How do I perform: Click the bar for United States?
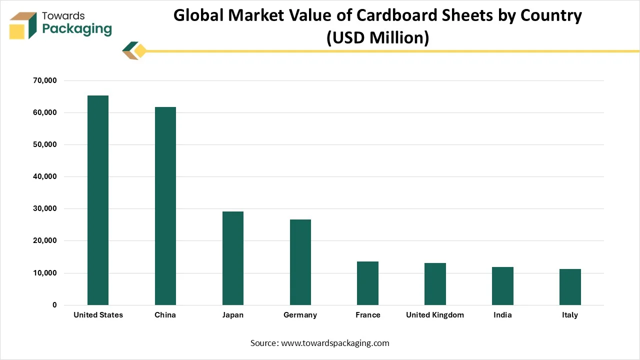click(98, 200)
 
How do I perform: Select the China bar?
click(165, 206)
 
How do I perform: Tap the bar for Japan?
click(233, 258)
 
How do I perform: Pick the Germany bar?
click(300, 262)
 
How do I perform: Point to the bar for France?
click(367, 283)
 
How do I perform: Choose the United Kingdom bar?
click(435, 284)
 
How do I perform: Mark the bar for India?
click(502, 286)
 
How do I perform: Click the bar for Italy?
click(570, 287)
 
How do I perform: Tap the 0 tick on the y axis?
click(54, 305)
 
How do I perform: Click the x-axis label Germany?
click(300, 315)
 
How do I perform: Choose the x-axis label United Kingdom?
click(435, 315)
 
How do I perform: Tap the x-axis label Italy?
click(570, 315)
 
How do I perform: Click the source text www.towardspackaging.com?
click(335, 343)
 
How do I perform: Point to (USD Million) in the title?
click(377, 37)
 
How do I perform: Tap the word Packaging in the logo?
click(77, 29)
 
